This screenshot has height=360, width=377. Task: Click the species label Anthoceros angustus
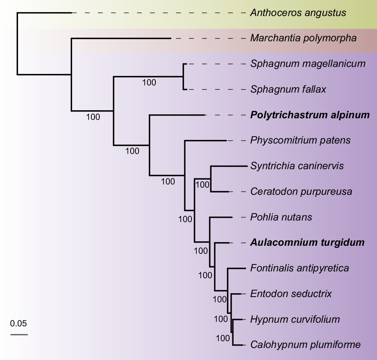click(298, 13)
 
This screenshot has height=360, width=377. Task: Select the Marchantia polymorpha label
click(303, 38)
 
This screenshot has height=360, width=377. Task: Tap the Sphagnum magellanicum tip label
click(308, 64)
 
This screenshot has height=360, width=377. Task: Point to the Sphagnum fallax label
click(288, 89)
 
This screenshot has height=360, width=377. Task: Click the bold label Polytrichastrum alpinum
click(310, 115)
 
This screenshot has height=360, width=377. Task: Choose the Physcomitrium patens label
click(300, 140)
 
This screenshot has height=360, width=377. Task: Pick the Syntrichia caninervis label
click(297, 166)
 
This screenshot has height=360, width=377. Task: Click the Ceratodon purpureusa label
click(301, 192)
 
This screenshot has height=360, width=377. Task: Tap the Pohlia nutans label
click(281, 217)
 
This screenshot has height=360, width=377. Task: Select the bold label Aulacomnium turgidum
click(307, 243)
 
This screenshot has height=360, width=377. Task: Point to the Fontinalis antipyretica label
click(300, 268)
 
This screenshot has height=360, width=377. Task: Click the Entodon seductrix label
click(291, 294)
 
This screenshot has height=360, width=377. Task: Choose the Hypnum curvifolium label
click(295, 320)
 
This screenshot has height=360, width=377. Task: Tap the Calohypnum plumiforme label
click(305, 345)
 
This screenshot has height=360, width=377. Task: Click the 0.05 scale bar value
click(18, 323)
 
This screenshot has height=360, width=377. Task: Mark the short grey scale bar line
click(19, 334)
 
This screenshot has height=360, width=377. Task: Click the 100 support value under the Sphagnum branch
click(149, 83)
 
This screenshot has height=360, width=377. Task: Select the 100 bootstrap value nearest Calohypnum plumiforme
click(223, 338)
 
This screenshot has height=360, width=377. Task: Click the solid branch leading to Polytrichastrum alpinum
click(177, 115)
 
